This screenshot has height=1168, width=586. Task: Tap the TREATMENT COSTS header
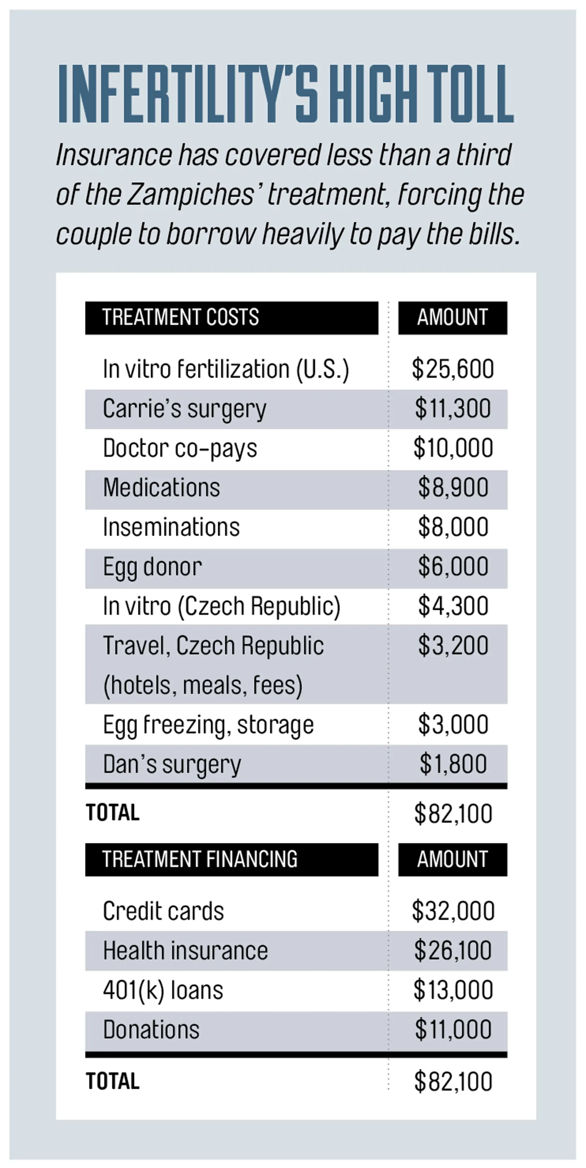pos(180,317)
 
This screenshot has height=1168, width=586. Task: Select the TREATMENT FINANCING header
pos(200,859)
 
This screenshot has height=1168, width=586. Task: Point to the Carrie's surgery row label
pos(184,409)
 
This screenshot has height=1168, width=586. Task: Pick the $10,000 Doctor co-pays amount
pos(452,448)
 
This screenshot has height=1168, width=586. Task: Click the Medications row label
pos(161,488)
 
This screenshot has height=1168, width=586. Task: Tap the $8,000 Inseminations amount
pos(452,527)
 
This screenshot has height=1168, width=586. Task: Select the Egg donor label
pos(152,567)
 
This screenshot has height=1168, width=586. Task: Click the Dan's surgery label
pos(172,765)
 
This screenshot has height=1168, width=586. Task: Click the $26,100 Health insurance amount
pos(452,950)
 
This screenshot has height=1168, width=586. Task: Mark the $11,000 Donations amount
pos(452,1030)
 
